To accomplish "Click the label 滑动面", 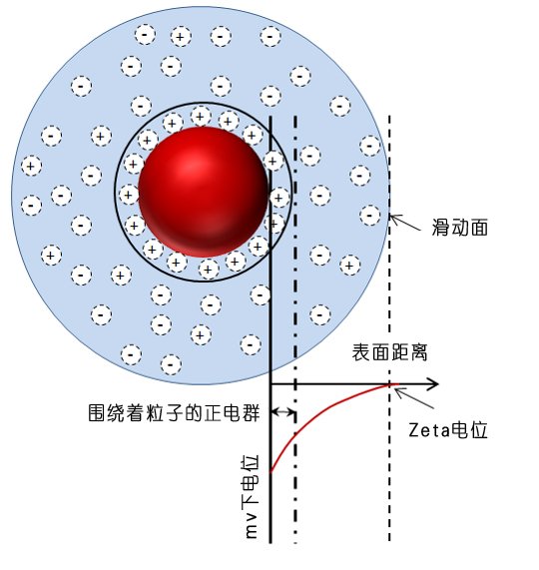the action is tap(460, 228).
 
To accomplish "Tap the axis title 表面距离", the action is tap(389, 352).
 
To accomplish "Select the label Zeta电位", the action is tap(448, 430).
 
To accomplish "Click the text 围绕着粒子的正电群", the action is tap(174, 412).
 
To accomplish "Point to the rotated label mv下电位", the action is tap(251, 496).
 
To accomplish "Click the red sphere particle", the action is tap(204, 192).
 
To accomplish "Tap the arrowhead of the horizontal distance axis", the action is tap(433, 384).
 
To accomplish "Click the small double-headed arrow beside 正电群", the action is tap(283, 412).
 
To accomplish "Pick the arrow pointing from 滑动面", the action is tap(405, 223).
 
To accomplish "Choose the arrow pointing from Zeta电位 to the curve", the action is tap(413, 397).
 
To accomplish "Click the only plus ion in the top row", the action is tap(181, 37).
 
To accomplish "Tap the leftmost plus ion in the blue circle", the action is tap(31, 166).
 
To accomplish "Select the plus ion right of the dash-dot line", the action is tap(350, 265).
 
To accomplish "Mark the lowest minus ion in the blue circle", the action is tap(171, 364).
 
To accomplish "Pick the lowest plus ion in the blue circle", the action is tap(201, 334).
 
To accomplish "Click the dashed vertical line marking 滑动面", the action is tap(389, 327).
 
